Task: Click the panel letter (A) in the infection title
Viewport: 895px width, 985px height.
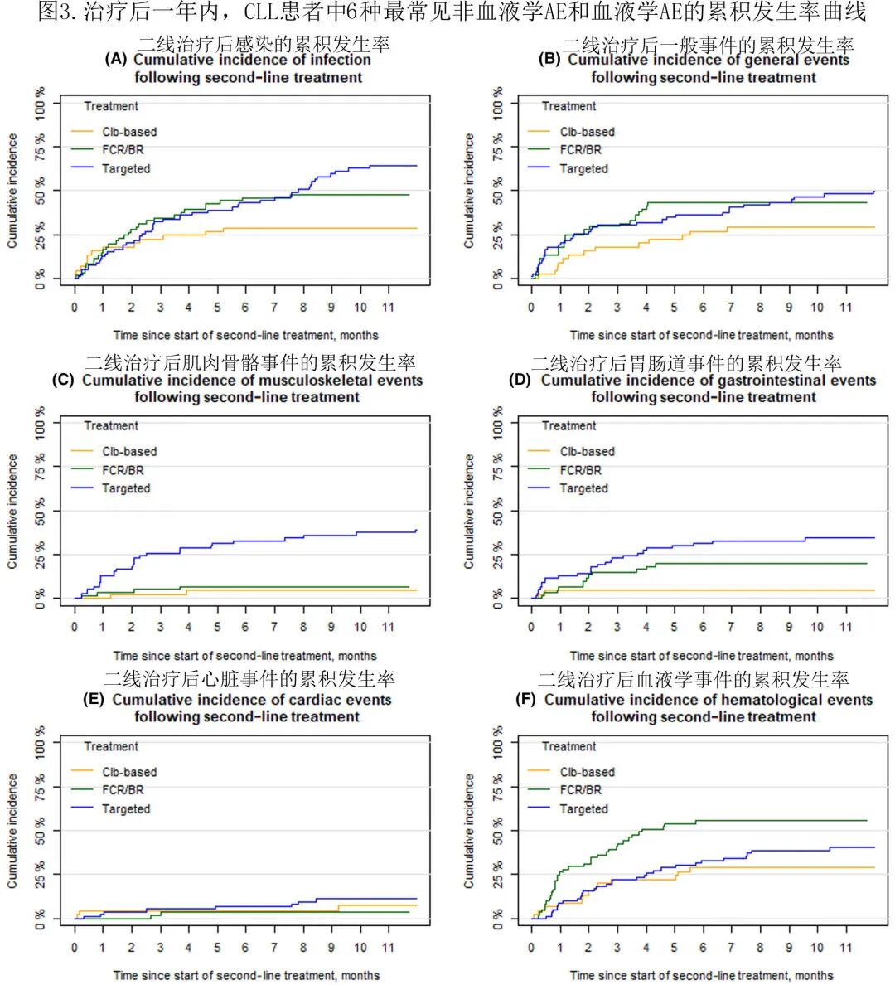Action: point(116,60)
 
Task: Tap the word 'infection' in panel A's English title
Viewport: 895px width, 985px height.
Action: point(341,60)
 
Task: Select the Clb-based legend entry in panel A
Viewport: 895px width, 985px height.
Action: point(129,132)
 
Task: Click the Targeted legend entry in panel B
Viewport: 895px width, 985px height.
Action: point(583,168)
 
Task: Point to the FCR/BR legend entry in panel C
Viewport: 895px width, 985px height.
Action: point(123,470)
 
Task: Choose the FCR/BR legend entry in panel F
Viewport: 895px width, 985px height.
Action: point(580,790)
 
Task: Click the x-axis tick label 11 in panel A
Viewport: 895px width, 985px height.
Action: point(388,308)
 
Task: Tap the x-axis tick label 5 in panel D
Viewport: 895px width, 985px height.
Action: point(674,628)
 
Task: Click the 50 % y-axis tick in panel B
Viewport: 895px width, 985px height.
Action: point(497,191)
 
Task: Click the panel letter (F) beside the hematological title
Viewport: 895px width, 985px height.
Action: point(525,700)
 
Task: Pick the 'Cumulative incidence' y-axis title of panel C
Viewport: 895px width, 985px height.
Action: point(12,511)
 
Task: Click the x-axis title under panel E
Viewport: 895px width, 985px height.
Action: point(246,975)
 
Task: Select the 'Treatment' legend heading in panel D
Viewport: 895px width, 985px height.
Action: point(568,426)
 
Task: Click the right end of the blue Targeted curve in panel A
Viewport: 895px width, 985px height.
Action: point(416,166)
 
